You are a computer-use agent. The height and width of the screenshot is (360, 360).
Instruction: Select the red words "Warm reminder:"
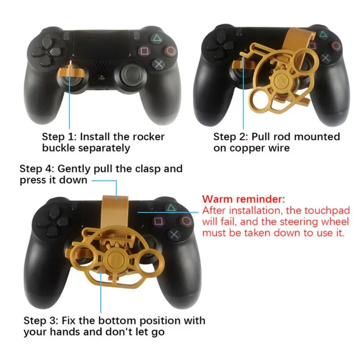click(243, 199)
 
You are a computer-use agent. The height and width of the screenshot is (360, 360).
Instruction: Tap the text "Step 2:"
click(230, 137)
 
